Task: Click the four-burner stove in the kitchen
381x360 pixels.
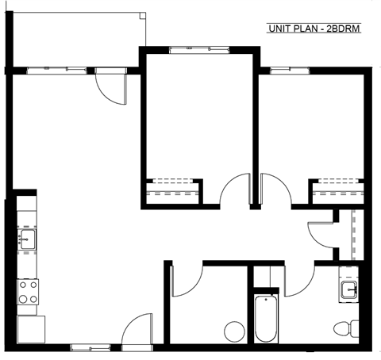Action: [x=28, y=292]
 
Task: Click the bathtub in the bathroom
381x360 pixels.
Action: [x=267, y=320]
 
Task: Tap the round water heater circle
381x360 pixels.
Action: [x=234, y=331]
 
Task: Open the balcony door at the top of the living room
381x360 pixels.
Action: [x=110, y=86]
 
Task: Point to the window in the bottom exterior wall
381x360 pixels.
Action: [x=87, y=347]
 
